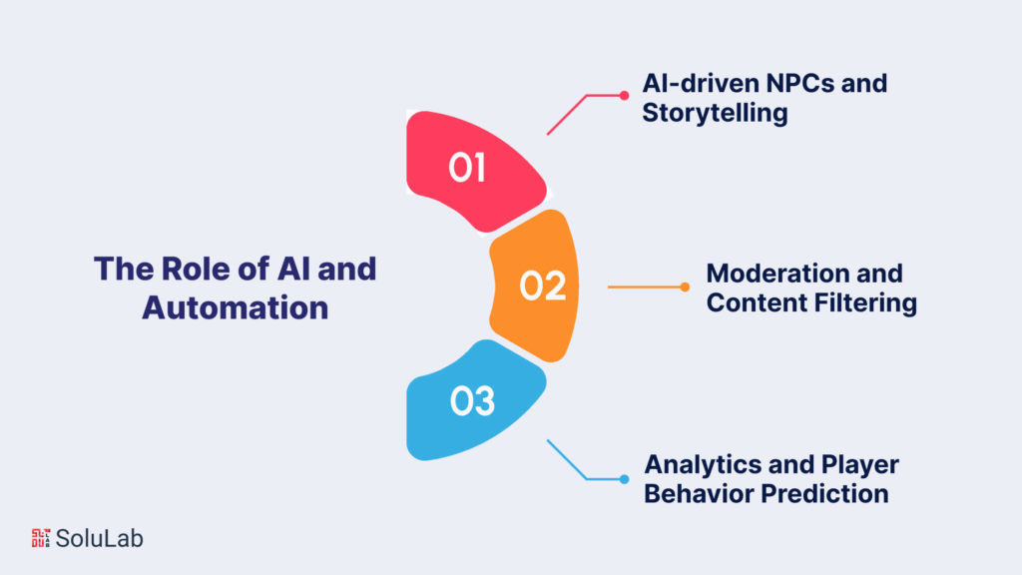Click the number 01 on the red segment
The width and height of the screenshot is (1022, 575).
point(466,168)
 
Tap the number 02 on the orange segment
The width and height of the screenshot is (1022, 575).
point(543,287)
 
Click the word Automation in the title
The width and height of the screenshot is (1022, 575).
point(235,306)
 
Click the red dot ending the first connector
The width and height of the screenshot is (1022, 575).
point(624,96)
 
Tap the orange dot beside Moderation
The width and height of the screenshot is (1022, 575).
point(685,287)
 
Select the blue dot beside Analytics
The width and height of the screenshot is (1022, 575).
point(624,478)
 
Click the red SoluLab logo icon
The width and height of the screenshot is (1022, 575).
point(41,537)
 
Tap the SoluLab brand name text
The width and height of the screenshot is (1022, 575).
point(100,538)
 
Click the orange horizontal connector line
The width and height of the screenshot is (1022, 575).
point(644,287)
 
